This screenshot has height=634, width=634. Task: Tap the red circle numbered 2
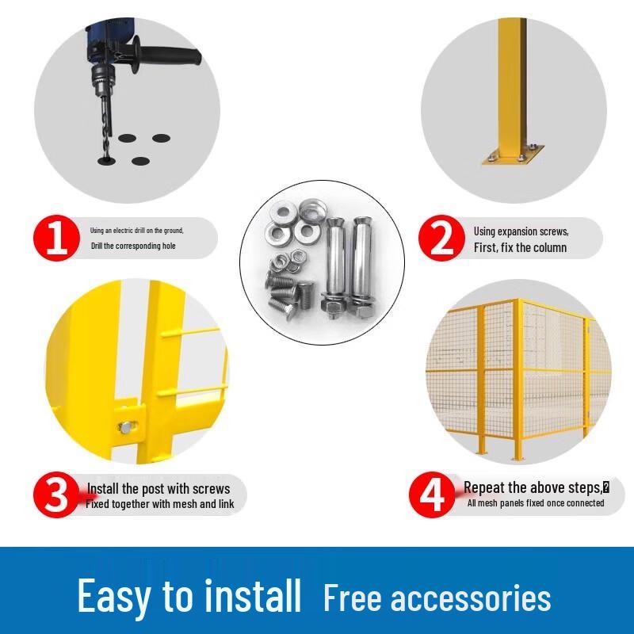441,238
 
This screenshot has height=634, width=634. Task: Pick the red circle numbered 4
431,495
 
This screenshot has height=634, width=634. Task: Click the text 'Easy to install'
189,595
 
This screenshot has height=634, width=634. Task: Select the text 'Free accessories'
437,598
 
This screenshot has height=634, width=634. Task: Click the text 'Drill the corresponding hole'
133,246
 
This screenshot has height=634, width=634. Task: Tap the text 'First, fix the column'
521,247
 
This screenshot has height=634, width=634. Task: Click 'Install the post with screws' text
158,488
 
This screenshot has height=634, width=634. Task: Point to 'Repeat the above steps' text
533,487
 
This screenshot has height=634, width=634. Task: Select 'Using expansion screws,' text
521,231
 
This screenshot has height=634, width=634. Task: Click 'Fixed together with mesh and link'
160,504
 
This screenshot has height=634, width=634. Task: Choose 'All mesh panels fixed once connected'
536,503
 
